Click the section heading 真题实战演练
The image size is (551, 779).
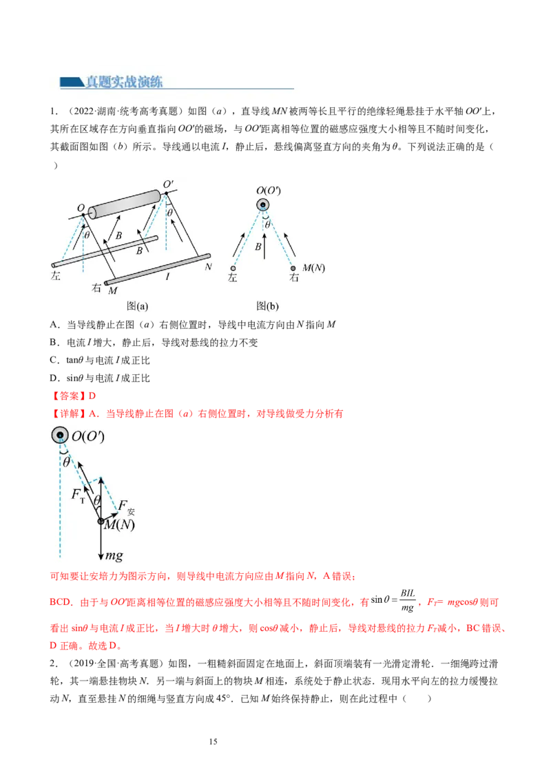coord(124,81)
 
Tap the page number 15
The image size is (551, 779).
coord(213,741)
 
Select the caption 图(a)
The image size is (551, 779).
coord(137,306)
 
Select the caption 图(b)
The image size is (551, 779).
coord(267,306)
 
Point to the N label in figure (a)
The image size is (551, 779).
coord(208,267)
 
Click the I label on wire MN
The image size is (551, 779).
coord(167,276)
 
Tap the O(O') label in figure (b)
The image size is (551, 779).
coord(269,191)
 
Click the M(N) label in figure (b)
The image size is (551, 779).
coord(314,268)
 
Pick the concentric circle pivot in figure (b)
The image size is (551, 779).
coord(262,204)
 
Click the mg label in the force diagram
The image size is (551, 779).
coord(114,555)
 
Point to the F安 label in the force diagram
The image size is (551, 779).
coord(126,507)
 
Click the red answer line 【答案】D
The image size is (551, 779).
coord(73,396)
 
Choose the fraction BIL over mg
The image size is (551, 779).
coord(408,600)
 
